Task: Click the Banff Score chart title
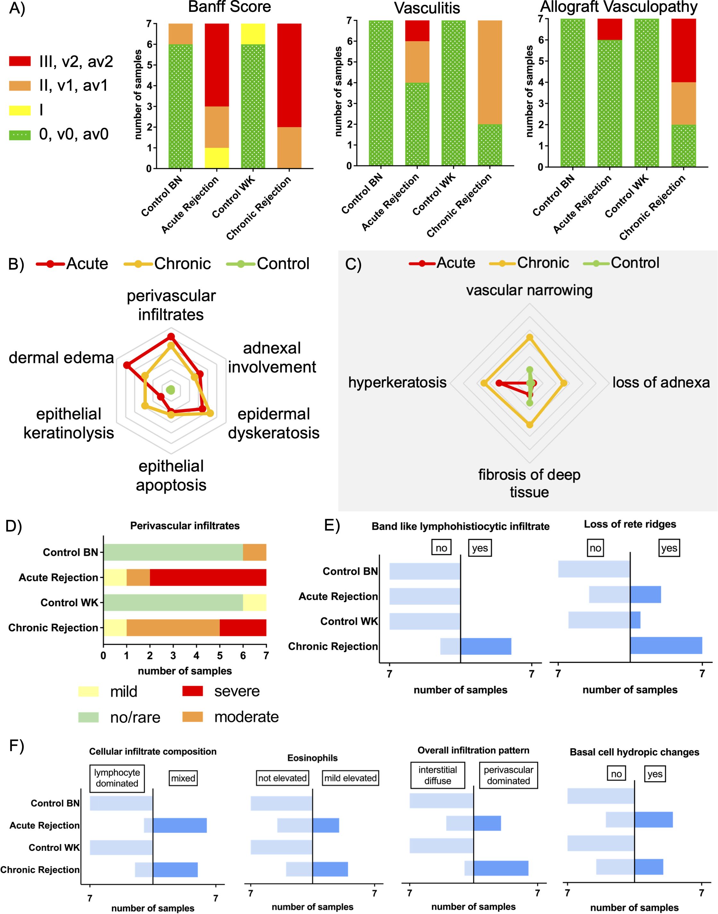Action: click(229, 7)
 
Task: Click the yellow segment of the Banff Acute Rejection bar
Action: click(217, 158)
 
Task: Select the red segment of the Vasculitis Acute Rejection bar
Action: click(417, 31)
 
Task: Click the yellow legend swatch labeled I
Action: click(20, 110)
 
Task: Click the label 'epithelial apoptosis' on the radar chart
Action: click(171, 475)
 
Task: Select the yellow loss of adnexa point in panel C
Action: click(564, 383)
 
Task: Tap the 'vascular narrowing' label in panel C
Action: click(529, 290)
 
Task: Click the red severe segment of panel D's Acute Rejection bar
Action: click(208, 577)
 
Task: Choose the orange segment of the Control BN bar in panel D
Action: click(254, 552)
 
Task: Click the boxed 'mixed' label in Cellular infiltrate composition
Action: click(183, 778)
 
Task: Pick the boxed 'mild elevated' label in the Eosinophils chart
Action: click(350, 778)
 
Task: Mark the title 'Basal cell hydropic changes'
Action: click(634, 752)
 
